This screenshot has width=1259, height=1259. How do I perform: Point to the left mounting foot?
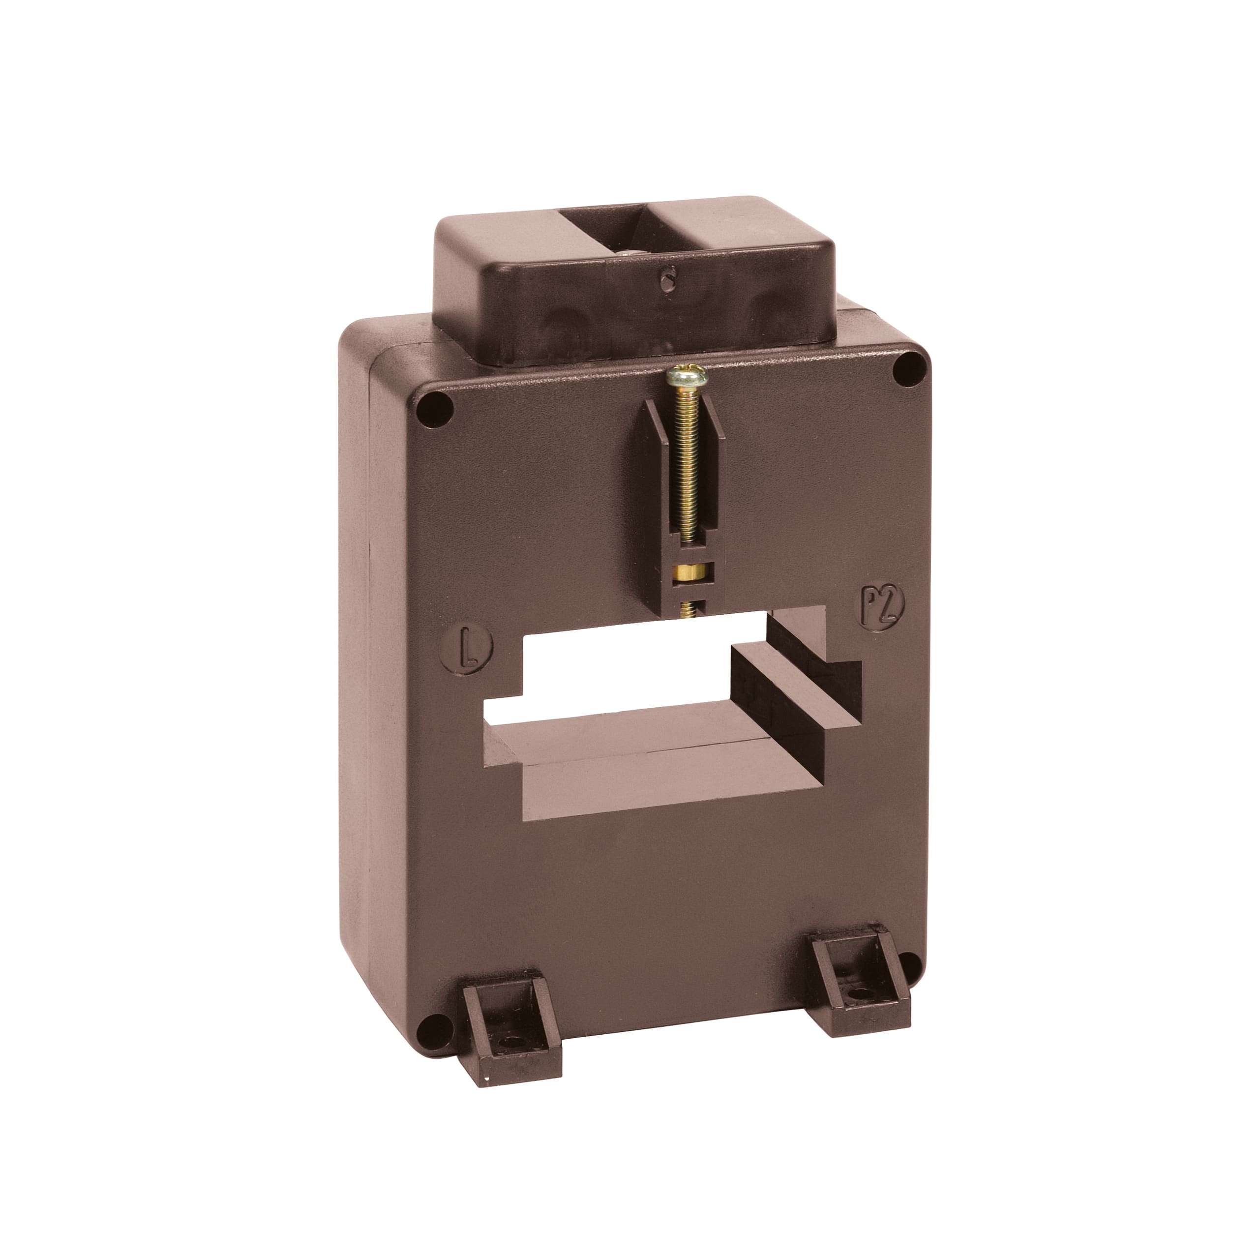tap(511, 1036)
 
